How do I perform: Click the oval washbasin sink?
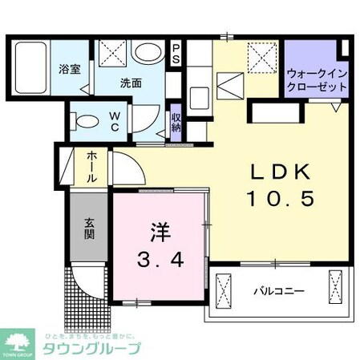(146, 53)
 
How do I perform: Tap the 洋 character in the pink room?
(159, 232)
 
